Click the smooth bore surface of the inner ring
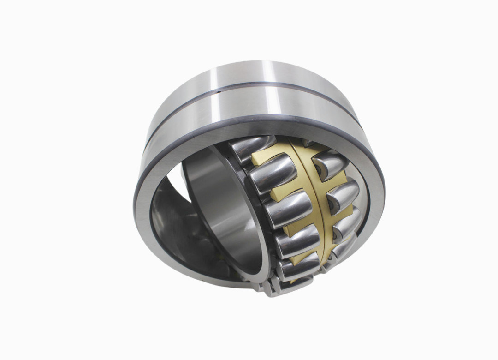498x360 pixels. point(221,208)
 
